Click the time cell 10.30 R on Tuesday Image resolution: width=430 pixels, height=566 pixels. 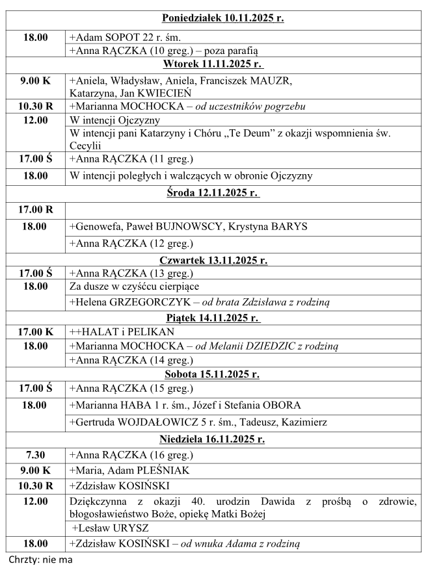pyautogui.click(x=35, y=106)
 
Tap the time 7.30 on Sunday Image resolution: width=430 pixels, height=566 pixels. pyautogui.click(x=35, y=455)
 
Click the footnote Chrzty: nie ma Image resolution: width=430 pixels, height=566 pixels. pyautogui.click(x=40, y=559)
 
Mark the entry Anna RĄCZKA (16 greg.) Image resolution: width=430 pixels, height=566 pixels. pyautogui.click(x=131, y=455)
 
